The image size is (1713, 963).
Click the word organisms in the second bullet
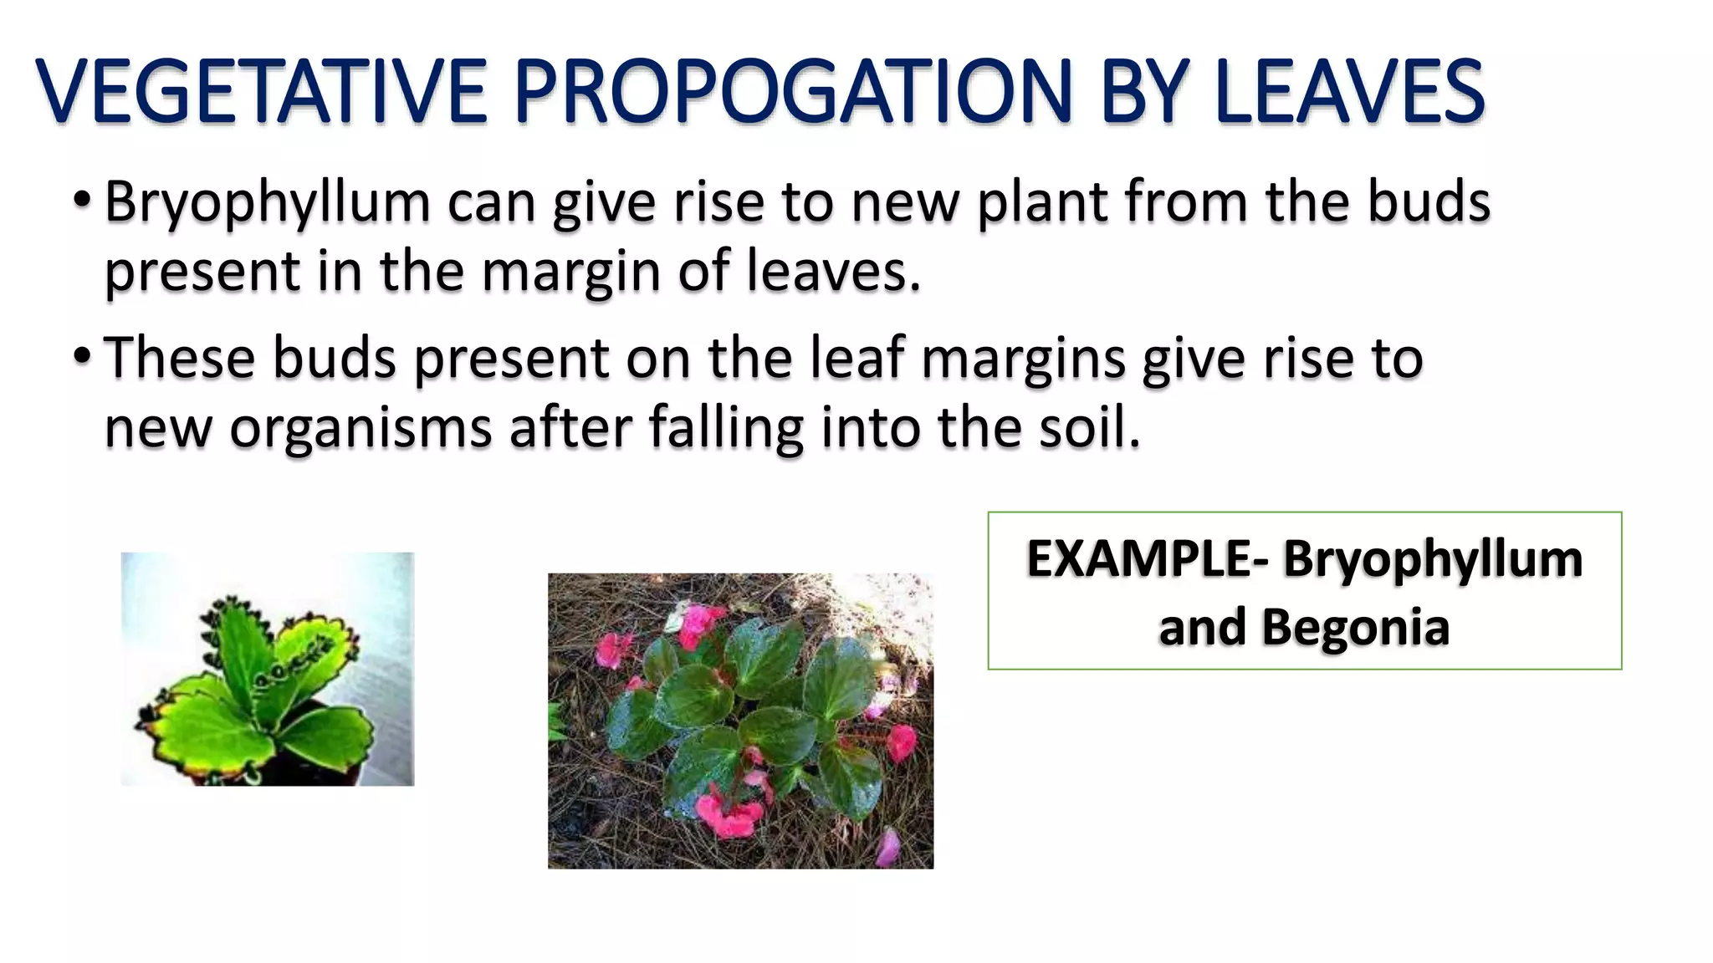pyautogui.click(x=360, y=429)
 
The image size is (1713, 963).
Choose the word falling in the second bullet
pyautogui.click(x=726, y=429)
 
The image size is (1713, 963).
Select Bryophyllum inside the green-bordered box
pyautogui.click(x=1433, y=561)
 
